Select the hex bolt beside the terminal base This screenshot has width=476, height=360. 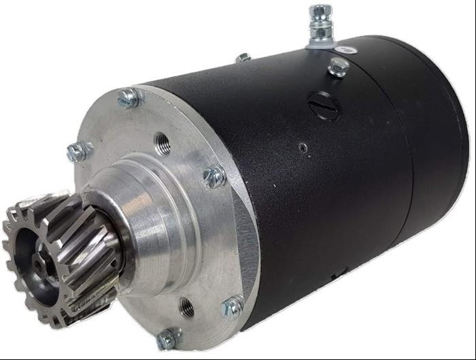[x=337, y=67]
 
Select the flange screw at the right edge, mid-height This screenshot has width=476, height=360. [x=214, y=177]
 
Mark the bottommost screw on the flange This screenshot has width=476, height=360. [x=166, y=339]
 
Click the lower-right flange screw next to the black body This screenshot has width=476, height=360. [x=233, y=308]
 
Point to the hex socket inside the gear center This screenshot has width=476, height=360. [x=34, y=259]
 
